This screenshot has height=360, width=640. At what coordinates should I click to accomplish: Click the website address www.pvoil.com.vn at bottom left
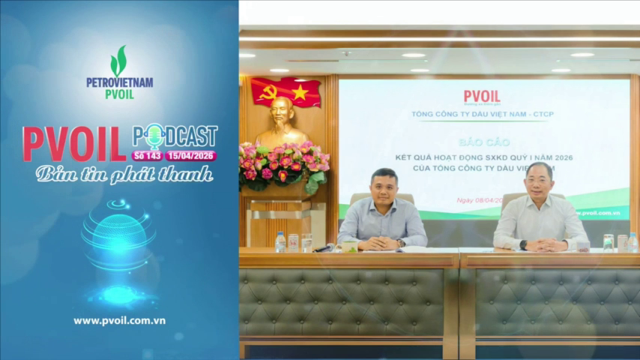120,320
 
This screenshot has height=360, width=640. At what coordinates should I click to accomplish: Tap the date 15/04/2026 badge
191,156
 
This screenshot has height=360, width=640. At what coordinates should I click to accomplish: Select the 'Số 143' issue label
147,156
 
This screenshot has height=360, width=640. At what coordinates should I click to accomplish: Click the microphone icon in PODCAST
154,136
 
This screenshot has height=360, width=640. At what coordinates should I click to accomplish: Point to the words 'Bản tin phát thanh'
124,174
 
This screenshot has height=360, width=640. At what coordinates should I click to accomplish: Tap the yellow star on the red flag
300,92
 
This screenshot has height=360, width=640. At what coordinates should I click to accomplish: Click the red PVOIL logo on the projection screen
481,97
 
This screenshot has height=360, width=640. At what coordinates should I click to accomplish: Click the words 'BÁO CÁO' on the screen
482,141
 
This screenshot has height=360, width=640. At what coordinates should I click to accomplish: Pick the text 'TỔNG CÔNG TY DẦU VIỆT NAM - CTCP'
483,115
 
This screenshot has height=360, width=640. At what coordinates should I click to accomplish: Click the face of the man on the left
383,187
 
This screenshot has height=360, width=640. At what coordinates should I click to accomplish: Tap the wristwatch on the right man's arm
523,244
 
